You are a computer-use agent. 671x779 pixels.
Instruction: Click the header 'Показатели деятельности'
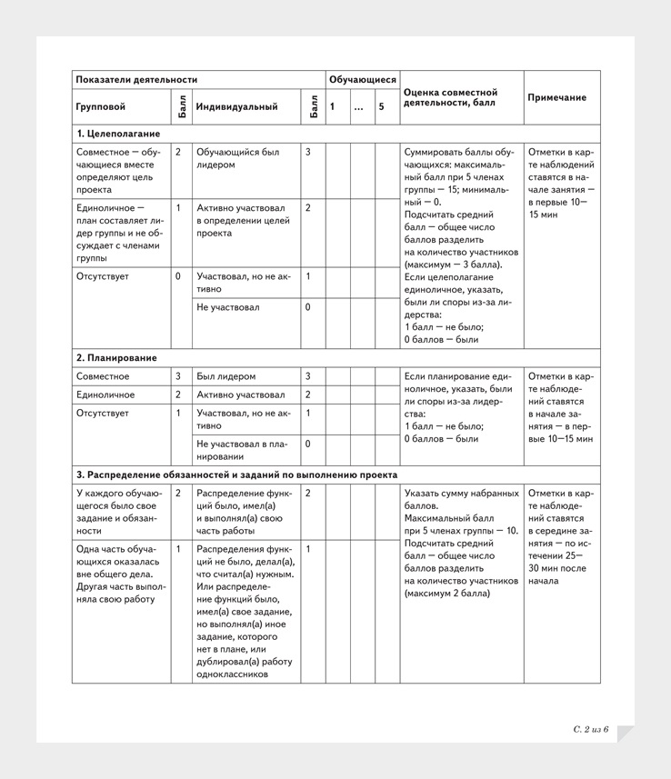[x=136, y=80]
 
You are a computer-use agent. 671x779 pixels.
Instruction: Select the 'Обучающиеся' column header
[x=362, y=80]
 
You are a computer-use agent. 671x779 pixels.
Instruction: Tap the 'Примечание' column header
[x=556, y=97]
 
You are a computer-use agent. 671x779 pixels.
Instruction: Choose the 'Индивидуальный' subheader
[x=236, y=107]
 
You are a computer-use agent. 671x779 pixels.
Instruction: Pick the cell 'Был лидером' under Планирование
[x=225, y=376]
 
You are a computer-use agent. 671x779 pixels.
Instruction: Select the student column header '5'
[x=382, y=107]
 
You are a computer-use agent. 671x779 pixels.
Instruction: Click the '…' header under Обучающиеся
[x=358, y=107]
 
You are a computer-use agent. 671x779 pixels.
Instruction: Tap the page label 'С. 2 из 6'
[x=590, y=730]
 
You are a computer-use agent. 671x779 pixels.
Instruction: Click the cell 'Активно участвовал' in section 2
[x=240, y=394]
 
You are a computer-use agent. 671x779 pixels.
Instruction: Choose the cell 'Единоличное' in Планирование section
[x=105, y=394]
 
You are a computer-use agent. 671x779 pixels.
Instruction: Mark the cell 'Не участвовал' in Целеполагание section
[x=228, y=307]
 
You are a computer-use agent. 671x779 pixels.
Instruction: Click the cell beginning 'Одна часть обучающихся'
[x=116, y=574]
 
